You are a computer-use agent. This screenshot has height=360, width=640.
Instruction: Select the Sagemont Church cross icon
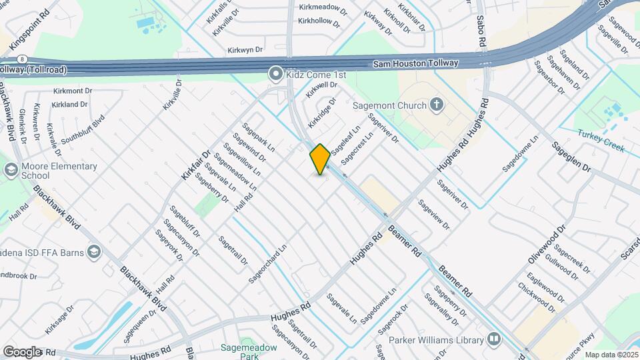pyautogui.click(x=436, y=104)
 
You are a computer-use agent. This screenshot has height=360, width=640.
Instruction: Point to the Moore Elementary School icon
pyautogui.click(x=10, y=170)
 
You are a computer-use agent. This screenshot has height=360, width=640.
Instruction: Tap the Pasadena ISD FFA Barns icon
pyautogui.click(x=93, y=251)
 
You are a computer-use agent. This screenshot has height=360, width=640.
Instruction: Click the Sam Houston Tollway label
pyautogui.click(x=415, y=63)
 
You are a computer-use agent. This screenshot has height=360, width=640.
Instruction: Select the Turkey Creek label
pyautogui.click(x=601, y=141)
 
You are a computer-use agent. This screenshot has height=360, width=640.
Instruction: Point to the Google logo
pyautogui.click(x=22, y=351)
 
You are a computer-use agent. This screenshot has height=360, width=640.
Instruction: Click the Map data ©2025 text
pyautogui.click(x=611, y=355)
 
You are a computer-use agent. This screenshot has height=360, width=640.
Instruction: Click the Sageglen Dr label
pyautogui.click(x=571, y=157)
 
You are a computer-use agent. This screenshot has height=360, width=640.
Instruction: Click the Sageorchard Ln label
pyautogui.click(x=267, y=262)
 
